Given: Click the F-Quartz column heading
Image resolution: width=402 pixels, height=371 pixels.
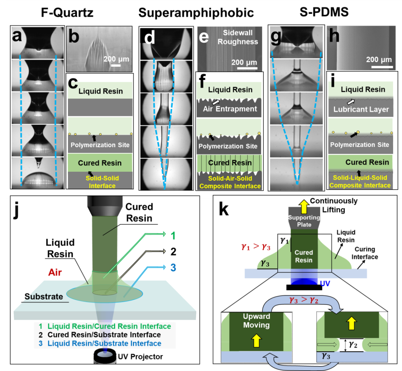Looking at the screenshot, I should click(x=67, y=13).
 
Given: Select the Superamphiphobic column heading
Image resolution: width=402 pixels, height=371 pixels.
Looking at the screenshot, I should click(x=196, y=13).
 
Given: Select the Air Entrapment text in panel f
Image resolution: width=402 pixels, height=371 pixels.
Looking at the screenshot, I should click(x=230, y=109).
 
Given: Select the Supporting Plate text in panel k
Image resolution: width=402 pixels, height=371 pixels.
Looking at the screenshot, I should click(x=304, y=221).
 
